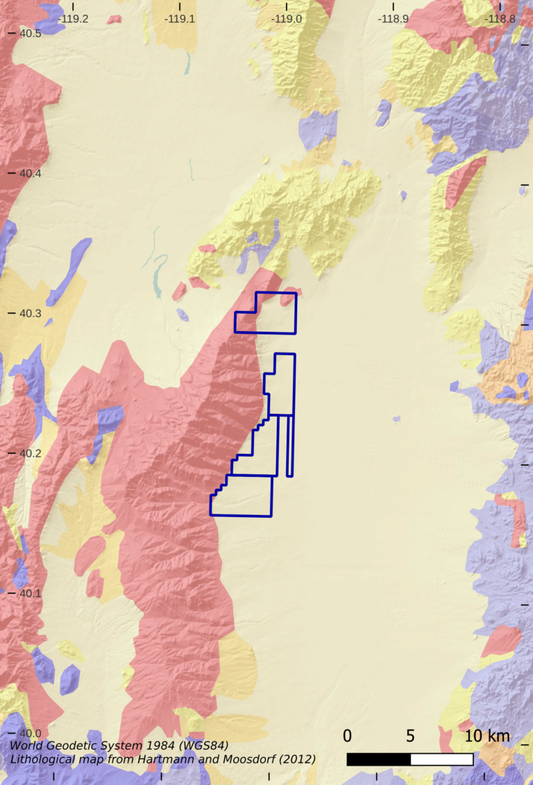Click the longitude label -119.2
coord(73,19)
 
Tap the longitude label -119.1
coord(180,19)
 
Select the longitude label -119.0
coord(287,19)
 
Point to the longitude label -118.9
coord(394,19)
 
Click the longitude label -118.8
coord(500,19)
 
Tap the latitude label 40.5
coord(30,33)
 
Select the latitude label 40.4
coord(30,173)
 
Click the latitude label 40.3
coord(30,313)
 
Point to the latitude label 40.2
coord(30,453)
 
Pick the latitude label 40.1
coord(30,593)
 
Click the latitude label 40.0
coord(30,734)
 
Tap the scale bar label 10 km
coord(487,736)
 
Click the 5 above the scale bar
coord(410,736)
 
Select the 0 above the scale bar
coord(347,736)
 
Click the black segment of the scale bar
coord(378,759)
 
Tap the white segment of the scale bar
coord(442,759)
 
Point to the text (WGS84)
coord(201,746)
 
